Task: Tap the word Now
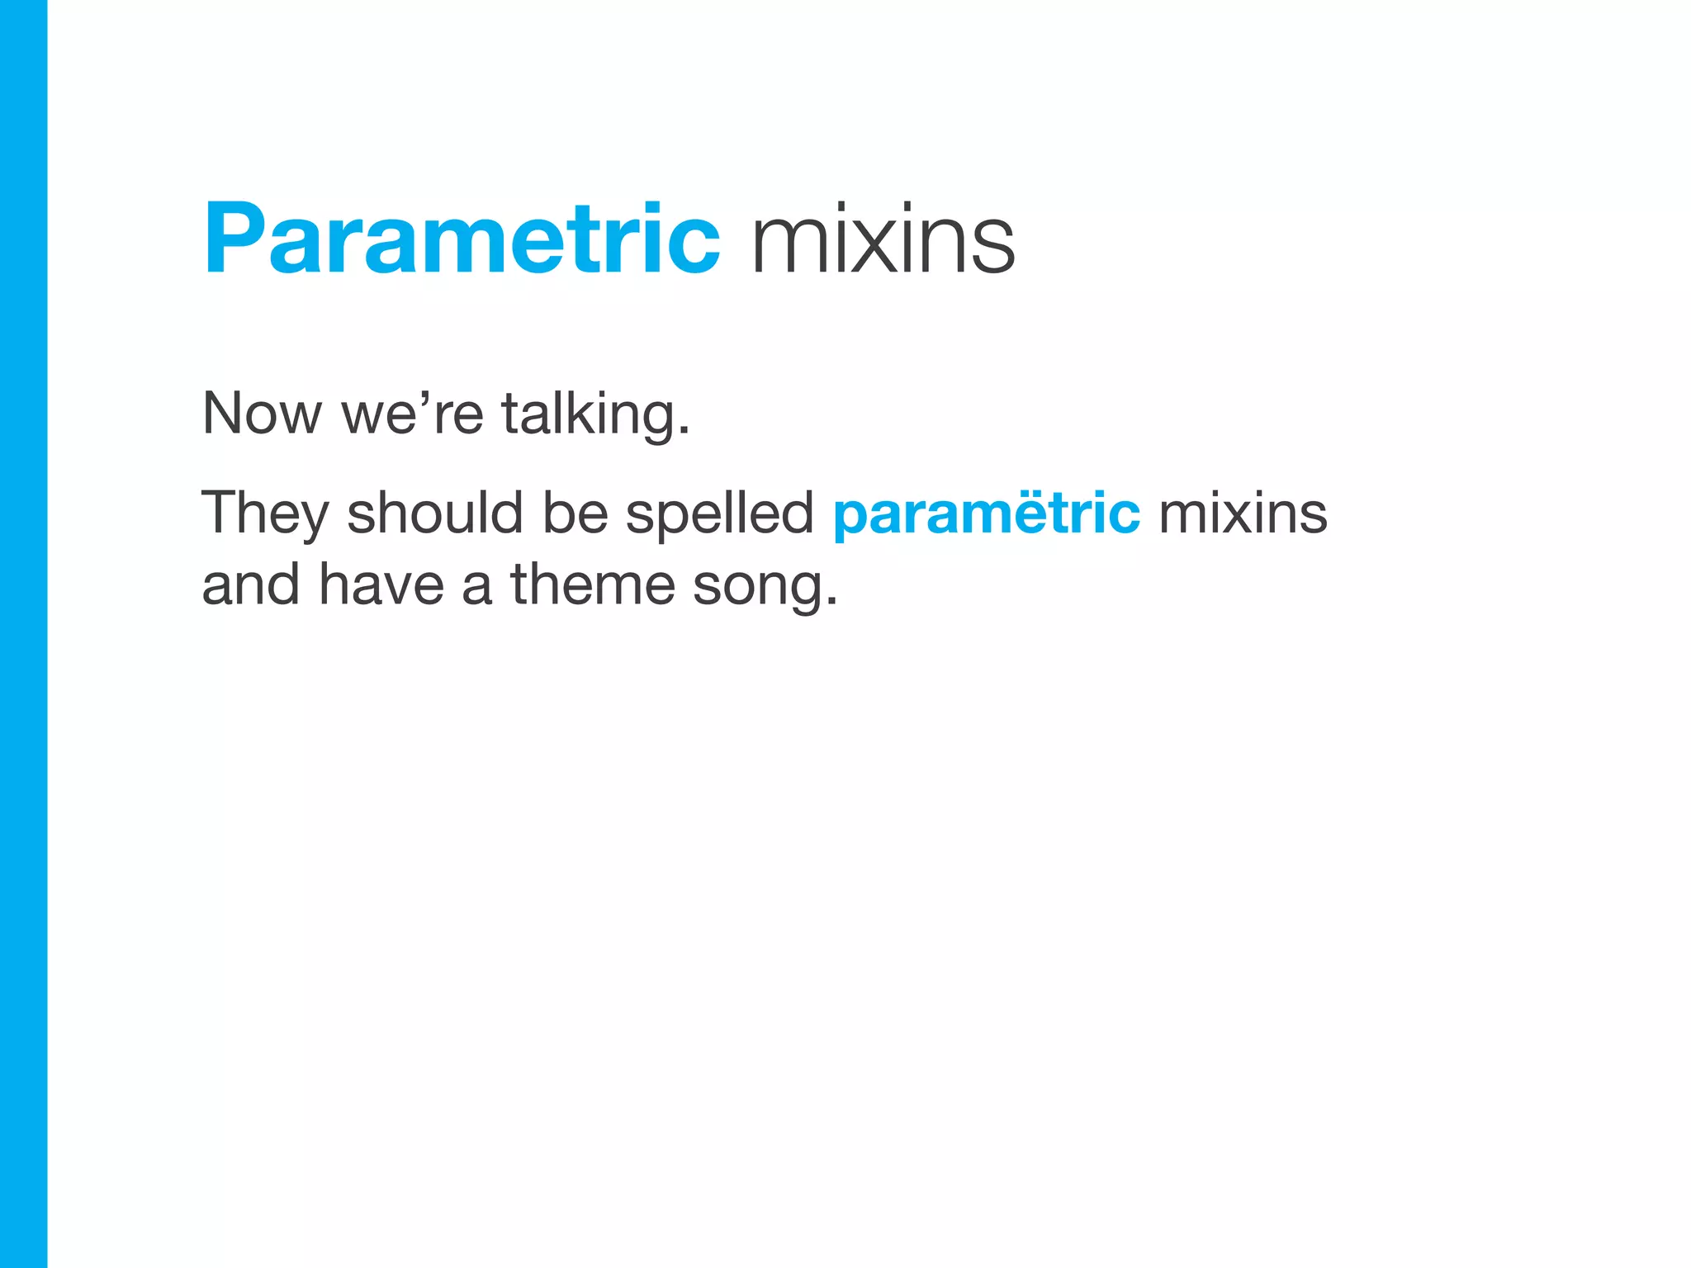(262, 414)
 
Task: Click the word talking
(589, 415)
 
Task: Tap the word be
(575, 513)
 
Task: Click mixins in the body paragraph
(1243, 513)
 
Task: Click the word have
(381, 584)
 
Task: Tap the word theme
(593, 584)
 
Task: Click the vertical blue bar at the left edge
(23, 634)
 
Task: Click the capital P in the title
(234, 239)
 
